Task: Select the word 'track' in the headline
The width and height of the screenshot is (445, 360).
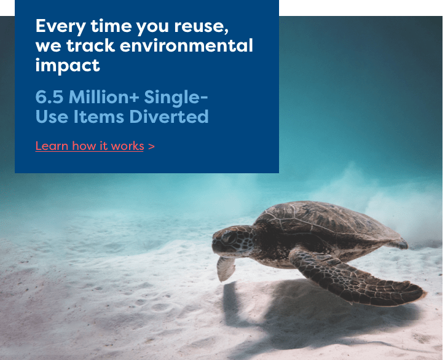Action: point(90,45)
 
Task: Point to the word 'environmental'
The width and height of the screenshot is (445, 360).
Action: point(186,45)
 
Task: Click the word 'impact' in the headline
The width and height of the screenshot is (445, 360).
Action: point(68,66)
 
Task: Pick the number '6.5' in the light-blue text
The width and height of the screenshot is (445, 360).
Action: point(49,97)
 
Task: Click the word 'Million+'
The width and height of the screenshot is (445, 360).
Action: point(104,97)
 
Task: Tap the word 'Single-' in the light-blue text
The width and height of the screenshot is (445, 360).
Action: point(176,98)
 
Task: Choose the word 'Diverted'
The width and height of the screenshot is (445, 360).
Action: point(169,117)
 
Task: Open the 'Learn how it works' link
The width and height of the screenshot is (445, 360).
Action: point(90,146)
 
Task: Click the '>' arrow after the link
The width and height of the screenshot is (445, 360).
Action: point(151,146)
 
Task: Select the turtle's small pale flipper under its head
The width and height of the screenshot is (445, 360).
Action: point(226,268)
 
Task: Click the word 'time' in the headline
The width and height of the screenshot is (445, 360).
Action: point(111,26)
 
